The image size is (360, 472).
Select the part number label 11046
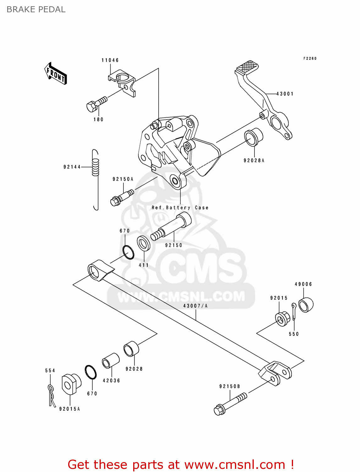[x=110, y=60]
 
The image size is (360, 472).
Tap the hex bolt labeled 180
[x=96, y=104]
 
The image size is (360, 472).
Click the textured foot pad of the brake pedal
[x=247, y=67]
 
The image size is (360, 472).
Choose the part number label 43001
[x=285, y=94]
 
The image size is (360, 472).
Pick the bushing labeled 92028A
[x=253, y=137]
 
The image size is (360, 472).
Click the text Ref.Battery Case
[x=180, y=208]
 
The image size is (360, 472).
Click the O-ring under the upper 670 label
[x=128, y=252]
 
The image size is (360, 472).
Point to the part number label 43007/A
[x=195, y=306]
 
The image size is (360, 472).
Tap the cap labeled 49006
[x=306, y=304]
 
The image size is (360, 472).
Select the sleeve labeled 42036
[x=111, y=361]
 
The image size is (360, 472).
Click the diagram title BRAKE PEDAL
[x=36, y=9]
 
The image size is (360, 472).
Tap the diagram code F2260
[x=310, y=59]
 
